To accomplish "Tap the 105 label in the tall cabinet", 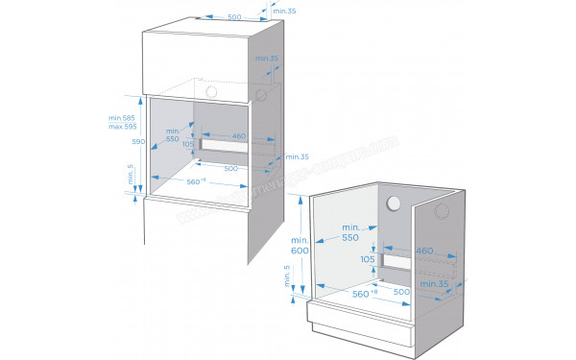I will pos(188,144).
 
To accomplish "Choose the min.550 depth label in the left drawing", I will pos(173,134).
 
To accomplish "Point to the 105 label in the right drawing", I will pos(368,260).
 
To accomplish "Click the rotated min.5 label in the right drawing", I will pos(286,278).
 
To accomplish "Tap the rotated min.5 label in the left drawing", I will pos(130,176).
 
